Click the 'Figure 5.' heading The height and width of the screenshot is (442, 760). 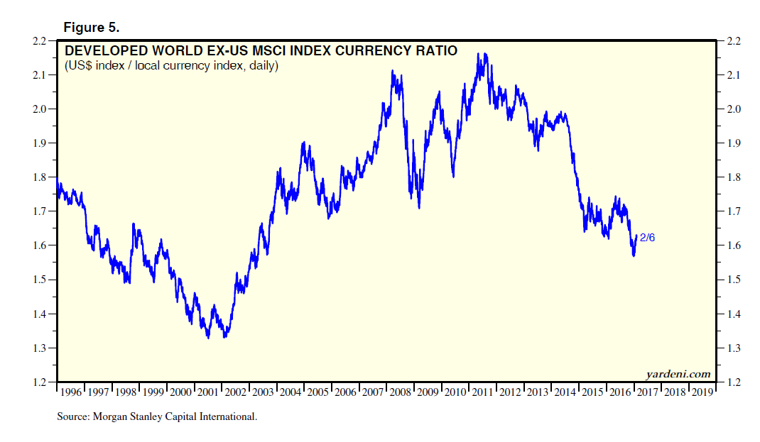[x=92, y=28]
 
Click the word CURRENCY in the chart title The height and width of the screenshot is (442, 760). [x=362, y=51]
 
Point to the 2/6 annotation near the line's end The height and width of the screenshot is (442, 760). [x=648, y=238]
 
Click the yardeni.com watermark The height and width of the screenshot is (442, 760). [x=678, y=374]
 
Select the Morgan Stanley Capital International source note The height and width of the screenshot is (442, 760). [x=157, y=417]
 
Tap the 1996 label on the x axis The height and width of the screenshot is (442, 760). [x=70, y=392]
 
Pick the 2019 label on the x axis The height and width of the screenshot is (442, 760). [x=702, y=392]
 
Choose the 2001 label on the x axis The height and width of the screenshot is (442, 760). [x=208, y=392]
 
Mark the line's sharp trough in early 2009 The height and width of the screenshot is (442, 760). [x=420, y=207]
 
